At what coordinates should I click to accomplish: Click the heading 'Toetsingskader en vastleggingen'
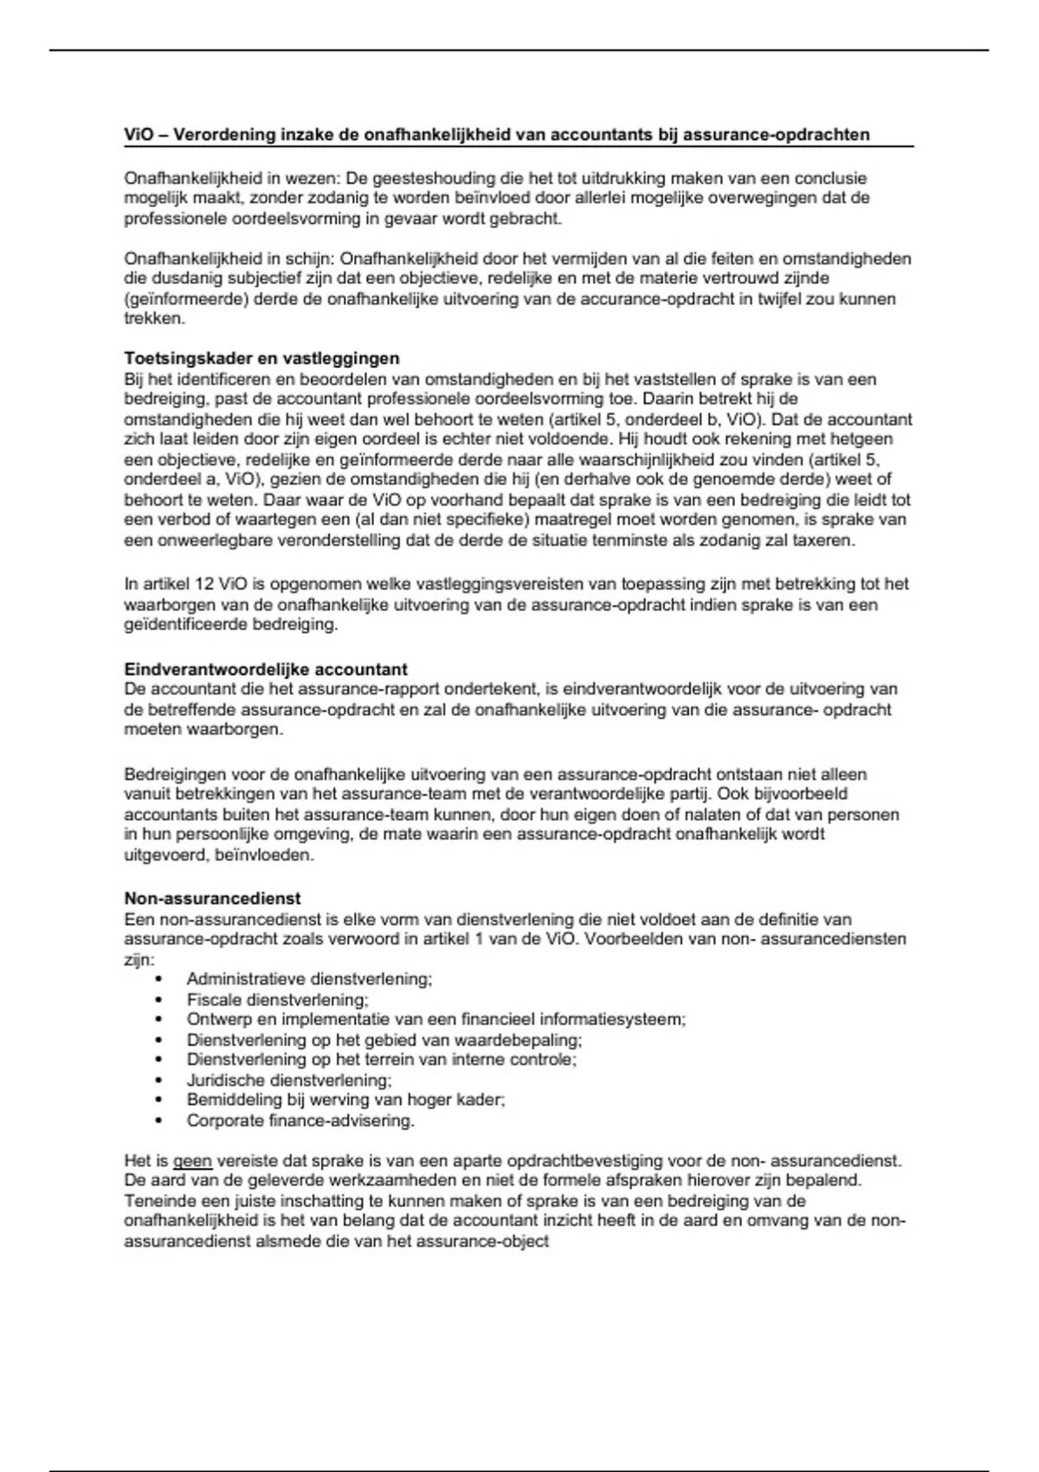pyautogui.click(x=261, y=358)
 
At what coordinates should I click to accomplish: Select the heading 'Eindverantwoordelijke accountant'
pyautogui.click(x=266, y=669)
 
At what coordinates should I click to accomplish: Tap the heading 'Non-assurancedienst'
pyautogui.click(x=212, y=899)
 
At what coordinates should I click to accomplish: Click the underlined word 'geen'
pyautogui.click(x=192, y=1161)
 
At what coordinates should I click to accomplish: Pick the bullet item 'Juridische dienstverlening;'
pyautogui.click(x=289, y=1081)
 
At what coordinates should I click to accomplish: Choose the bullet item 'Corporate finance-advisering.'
pyautogui.click(x=300, y=1121)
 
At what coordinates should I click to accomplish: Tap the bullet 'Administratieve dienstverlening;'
pyautogui.click(x=309, y=979)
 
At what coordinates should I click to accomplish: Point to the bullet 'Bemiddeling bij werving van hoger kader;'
pyautogui.click(x=345, y=1101)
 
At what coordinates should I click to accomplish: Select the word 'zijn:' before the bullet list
pyautogui.click(x=139, y=959)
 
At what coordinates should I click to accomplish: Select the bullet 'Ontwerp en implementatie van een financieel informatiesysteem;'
pyautogui.click(x=436, y=1020)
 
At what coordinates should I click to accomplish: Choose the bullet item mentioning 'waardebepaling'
pyautogui.click(x=384, y=1040)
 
